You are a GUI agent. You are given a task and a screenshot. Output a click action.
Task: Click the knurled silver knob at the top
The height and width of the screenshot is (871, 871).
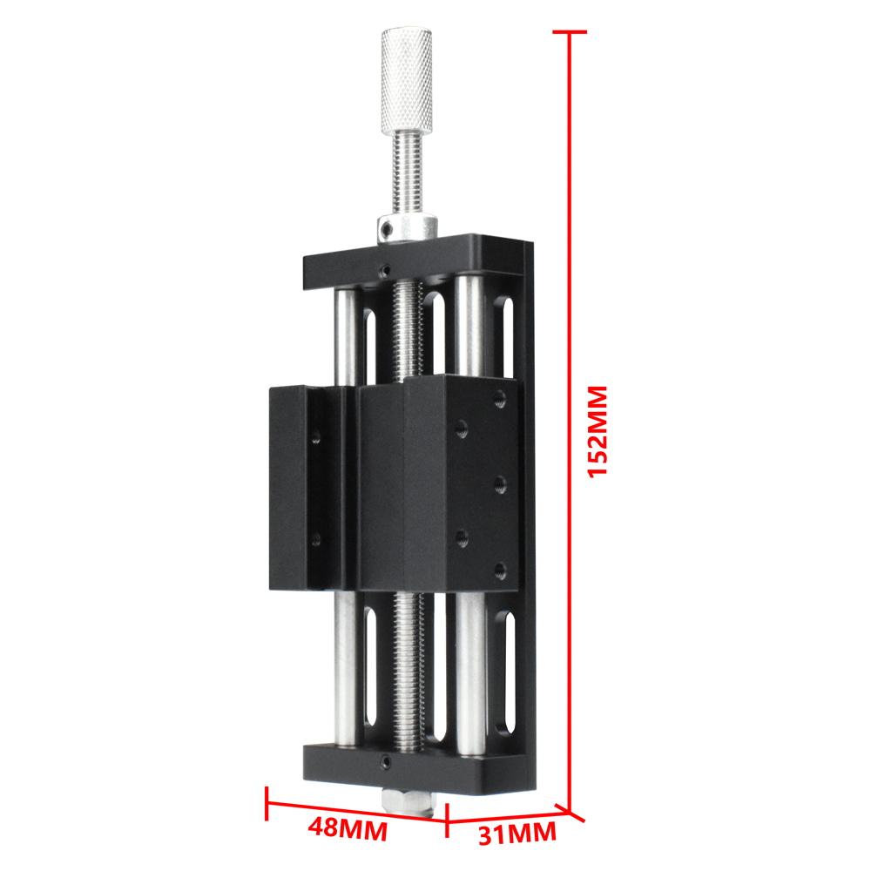point(406,78)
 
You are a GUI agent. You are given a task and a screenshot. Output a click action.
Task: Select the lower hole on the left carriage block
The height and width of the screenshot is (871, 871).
point(315,540)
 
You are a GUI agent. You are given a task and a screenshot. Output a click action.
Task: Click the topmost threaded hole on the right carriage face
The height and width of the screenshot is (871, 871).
point(499,400)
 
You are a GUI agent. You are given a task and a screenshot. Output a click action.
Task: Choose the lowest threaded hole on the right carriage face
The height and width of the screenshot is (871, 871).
point(499,571)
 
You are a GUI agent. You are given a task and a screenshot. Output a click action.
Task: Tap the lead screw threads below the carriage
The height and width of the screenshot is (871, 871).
point(408,671)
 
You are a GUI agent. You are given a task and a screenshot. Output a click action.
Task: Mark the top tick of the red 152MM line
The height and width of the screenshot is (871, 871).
point(571,32)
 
